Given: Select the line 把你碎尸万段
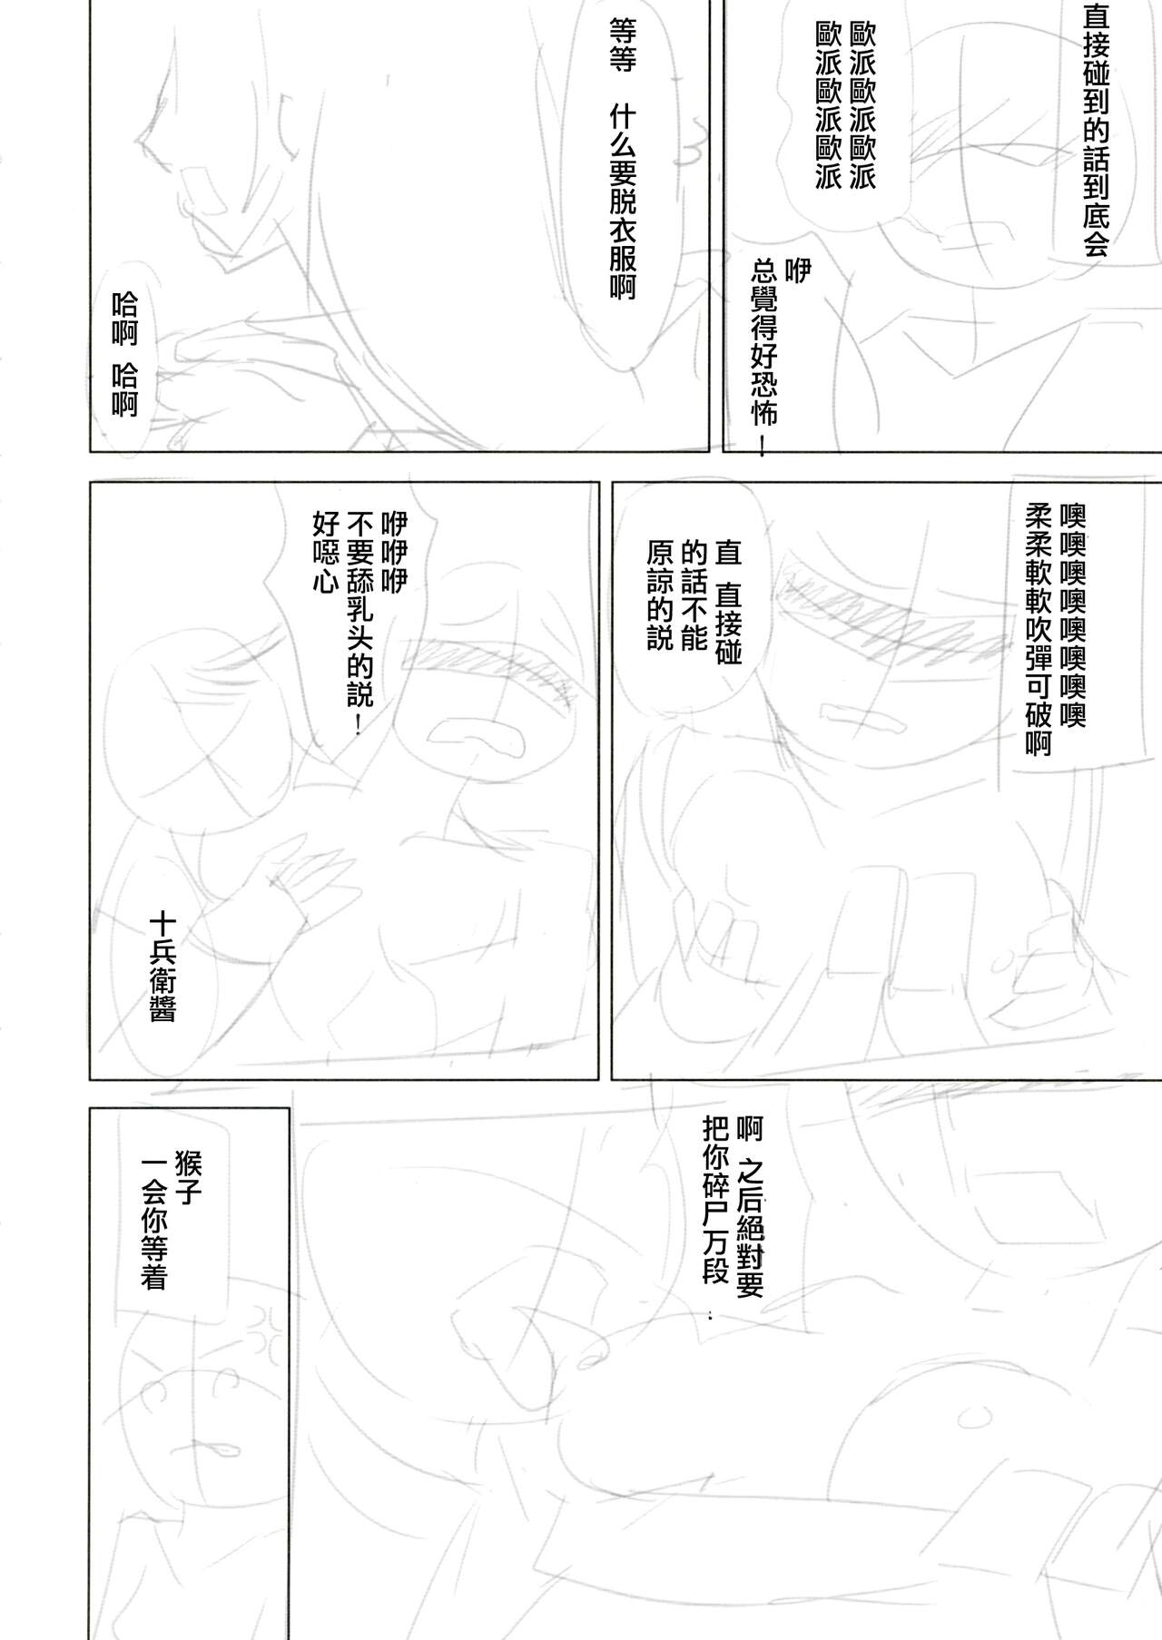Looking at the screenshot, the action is (715, 1199).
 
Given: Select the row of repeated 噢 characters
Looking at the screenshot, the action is (1071, 614).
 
